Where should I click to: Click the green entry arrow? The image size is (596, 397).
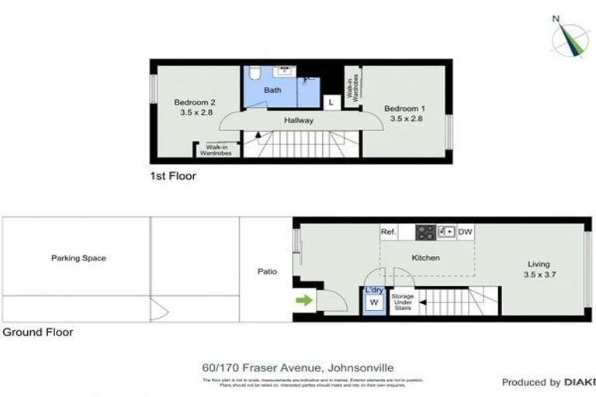coord(304,299)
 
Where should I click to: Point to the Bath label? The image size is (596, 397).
coord(272,91)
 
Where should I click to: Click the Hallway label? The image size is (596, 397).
coord(299,120)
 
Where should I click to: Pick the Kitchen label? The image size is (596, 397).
coord(425,257)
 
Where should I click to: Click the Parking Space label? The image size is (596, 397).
coord(78,257)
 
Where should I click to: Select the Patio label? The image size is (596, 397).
coord(268,271)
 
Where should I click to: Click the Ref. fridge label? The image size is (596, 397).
coord(389,232)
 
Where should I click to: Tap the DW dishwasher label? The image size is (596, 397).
coord(465,232)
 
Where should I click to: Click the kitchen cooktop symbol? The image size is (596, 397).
coord(424,231)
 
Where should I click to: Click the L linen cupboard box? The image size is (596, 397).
coord(331,102)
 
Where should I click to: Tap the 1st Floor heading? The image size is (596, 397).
coord(173,176)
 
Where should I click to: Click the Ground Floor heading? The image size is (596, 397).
coord(37,332)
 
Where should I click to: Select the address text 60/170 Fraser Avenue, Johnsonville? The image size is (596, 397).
coord(298,369)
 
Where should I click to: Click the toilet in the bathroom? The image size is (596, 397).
coord(255,74)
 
